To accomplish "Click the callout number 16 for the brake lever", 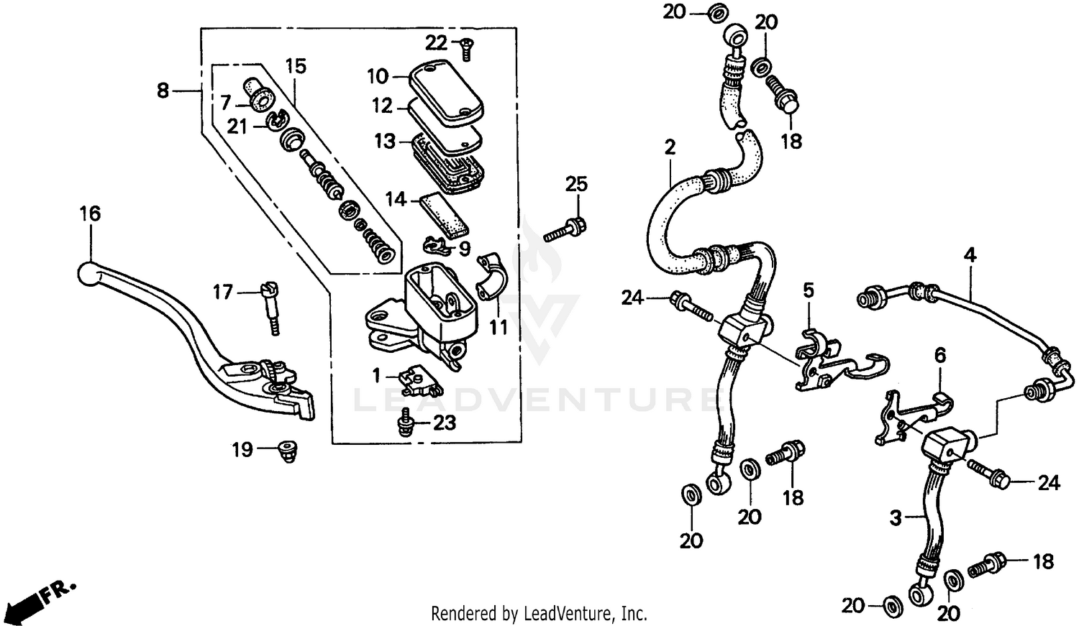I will (90, 214).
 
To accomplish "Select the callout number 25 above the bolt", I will (576, 184).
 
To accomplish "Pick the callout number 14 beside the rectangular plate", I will (396, 199).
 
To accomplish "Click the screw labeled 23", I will (405, 422).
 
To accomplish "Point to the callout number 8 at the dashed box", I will (163, 91).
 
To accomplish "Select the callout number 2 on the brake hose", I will (670, 148).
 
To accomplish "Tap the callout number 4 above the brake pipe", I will (970, 254).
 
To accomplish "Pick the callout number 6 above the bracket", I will (939, 355).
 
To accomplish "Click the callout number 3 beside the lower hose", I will (896, 517).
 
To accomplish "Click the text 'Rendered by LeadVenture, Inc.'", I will (539, 614).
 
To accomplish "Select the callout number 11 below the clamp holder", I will (498, 327).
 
